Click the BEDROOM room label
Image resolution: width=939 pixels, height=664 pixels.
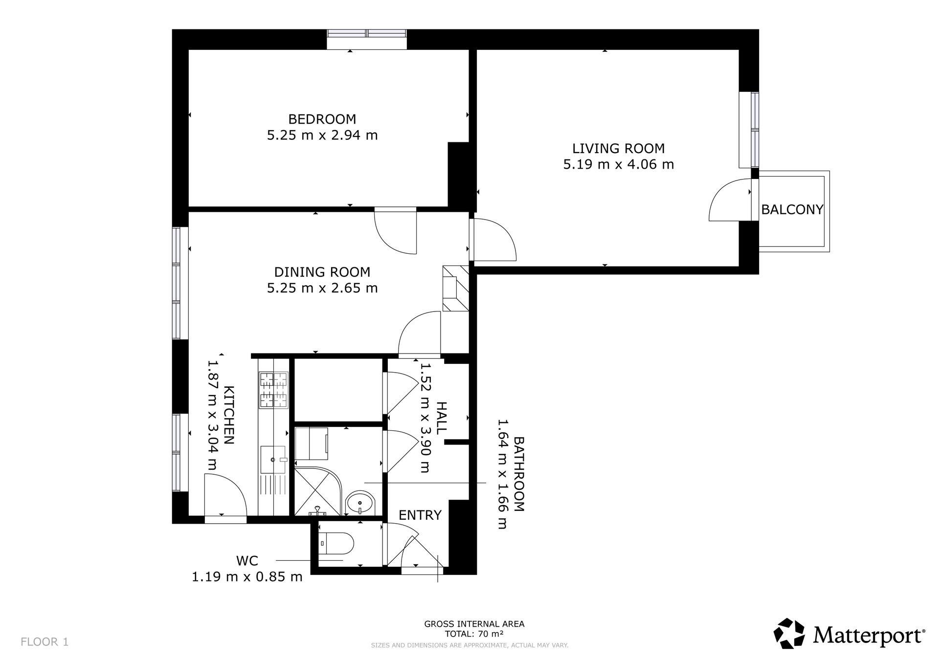(x=322, y=119)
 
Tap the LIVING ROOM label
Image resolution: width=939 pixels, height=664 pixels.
(x=619, y=148)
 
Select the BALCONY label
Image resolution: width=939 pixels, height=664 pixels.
(x=792, y=209)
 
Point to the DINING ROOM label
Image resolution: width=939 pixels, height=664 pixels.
(x=322, y=272)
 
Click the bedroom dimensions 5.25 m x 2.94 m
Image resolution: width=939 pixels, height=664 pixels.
(x=322, y=135)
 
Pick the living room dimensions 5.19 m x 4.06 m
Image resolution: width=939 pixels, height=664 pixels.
(x=619, y=164)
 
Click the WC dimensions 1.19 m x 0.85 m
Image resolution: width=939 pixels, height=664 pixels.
(x=247, y=577)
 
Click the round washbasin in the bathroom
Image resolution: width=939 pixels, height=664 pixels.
(x=360, y=503)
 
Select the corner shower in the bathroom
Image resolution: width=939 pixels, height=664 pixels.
(x=318, y=487)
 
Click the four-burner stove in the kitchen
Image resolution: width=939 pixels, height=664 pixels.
(x=274, y=390)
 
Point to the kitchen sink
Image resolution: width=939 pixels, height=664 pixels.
(x=273, y=459)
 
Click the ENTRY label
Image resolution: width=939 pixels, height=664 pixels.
(x=420, y=515)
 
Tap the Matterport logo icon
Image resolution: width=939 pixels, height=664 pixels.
(x=789, y=634)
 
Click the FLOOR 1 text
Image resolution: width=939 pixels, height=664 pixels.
(x=45, y=642)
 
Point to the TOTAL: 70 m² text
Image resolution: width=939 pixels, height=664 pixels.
(x=474, y=634)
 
